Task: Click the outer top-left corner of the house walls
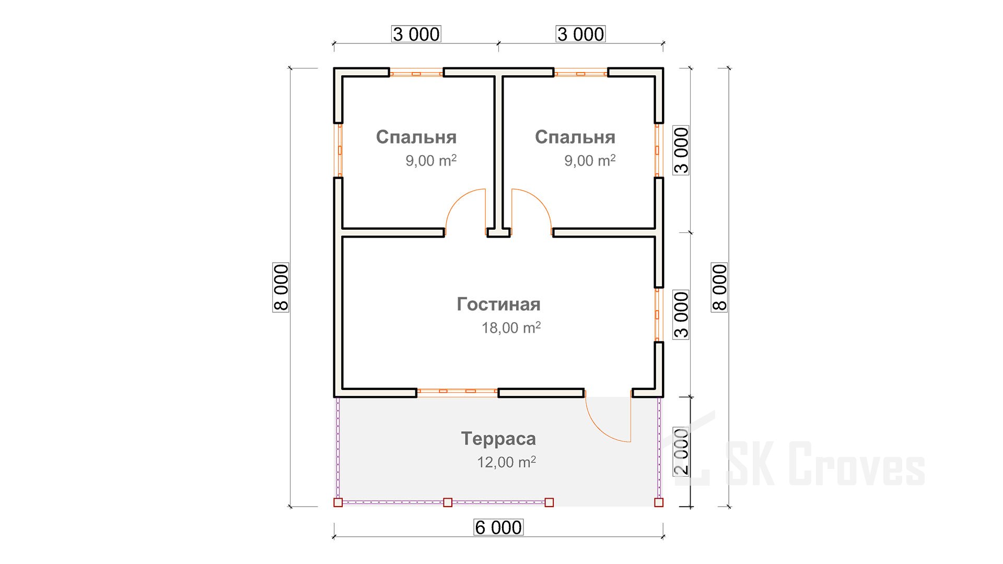[334, 68]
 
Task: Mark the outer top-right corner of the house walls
[663, 68]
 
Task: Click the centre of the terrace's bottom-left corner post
[338, 502]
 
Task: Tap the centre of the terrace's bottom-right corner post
[659, 502]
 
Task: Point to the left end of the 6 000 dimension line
[334, 536]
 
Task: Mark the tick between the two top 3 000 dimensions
[498, 43]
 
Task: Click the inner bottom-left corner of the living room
[343, 389]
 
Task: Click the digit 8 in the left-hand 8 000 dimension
[281, 305]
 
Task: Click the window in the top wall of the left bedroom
[416, 74]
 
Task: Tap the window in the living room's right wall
[659, 315]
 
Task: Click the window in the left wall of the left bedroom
[339, 150]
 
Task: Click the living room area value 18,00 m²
[511, 327]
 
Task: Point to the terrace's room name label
[498, 439]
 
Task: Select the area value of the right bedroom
[590, 160]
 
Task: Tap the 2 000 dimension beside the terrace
[681, 451]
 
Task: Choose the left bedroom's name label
[416, 137]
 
